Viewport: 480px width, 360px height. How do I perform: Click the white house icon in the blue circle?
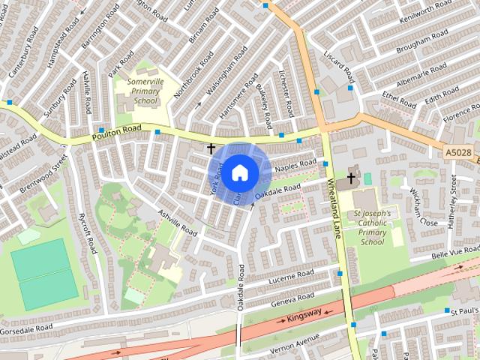pyautogui.click(x=239, y=172)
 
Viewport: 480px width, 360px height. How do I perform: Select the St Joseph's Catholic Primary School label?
pyautogui.click(x=372, y=227)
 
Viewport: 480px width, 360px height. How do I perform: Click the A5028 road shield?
pyautogui.click(x=457, y=153)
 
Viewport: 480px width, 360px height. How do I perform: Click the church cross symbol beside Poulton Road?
pyautogui.click(x=211, y=149)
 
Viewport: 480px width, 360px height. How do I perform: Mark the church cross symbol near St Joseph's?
pyautogui.click(x=350, y=178)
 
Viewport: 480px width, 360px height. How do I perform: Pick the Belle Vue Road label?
pyautogui.click(x=455, y=256)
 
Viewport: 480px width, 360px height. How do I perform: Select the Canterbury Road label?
pyautogui.click(x=17, y=49)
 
